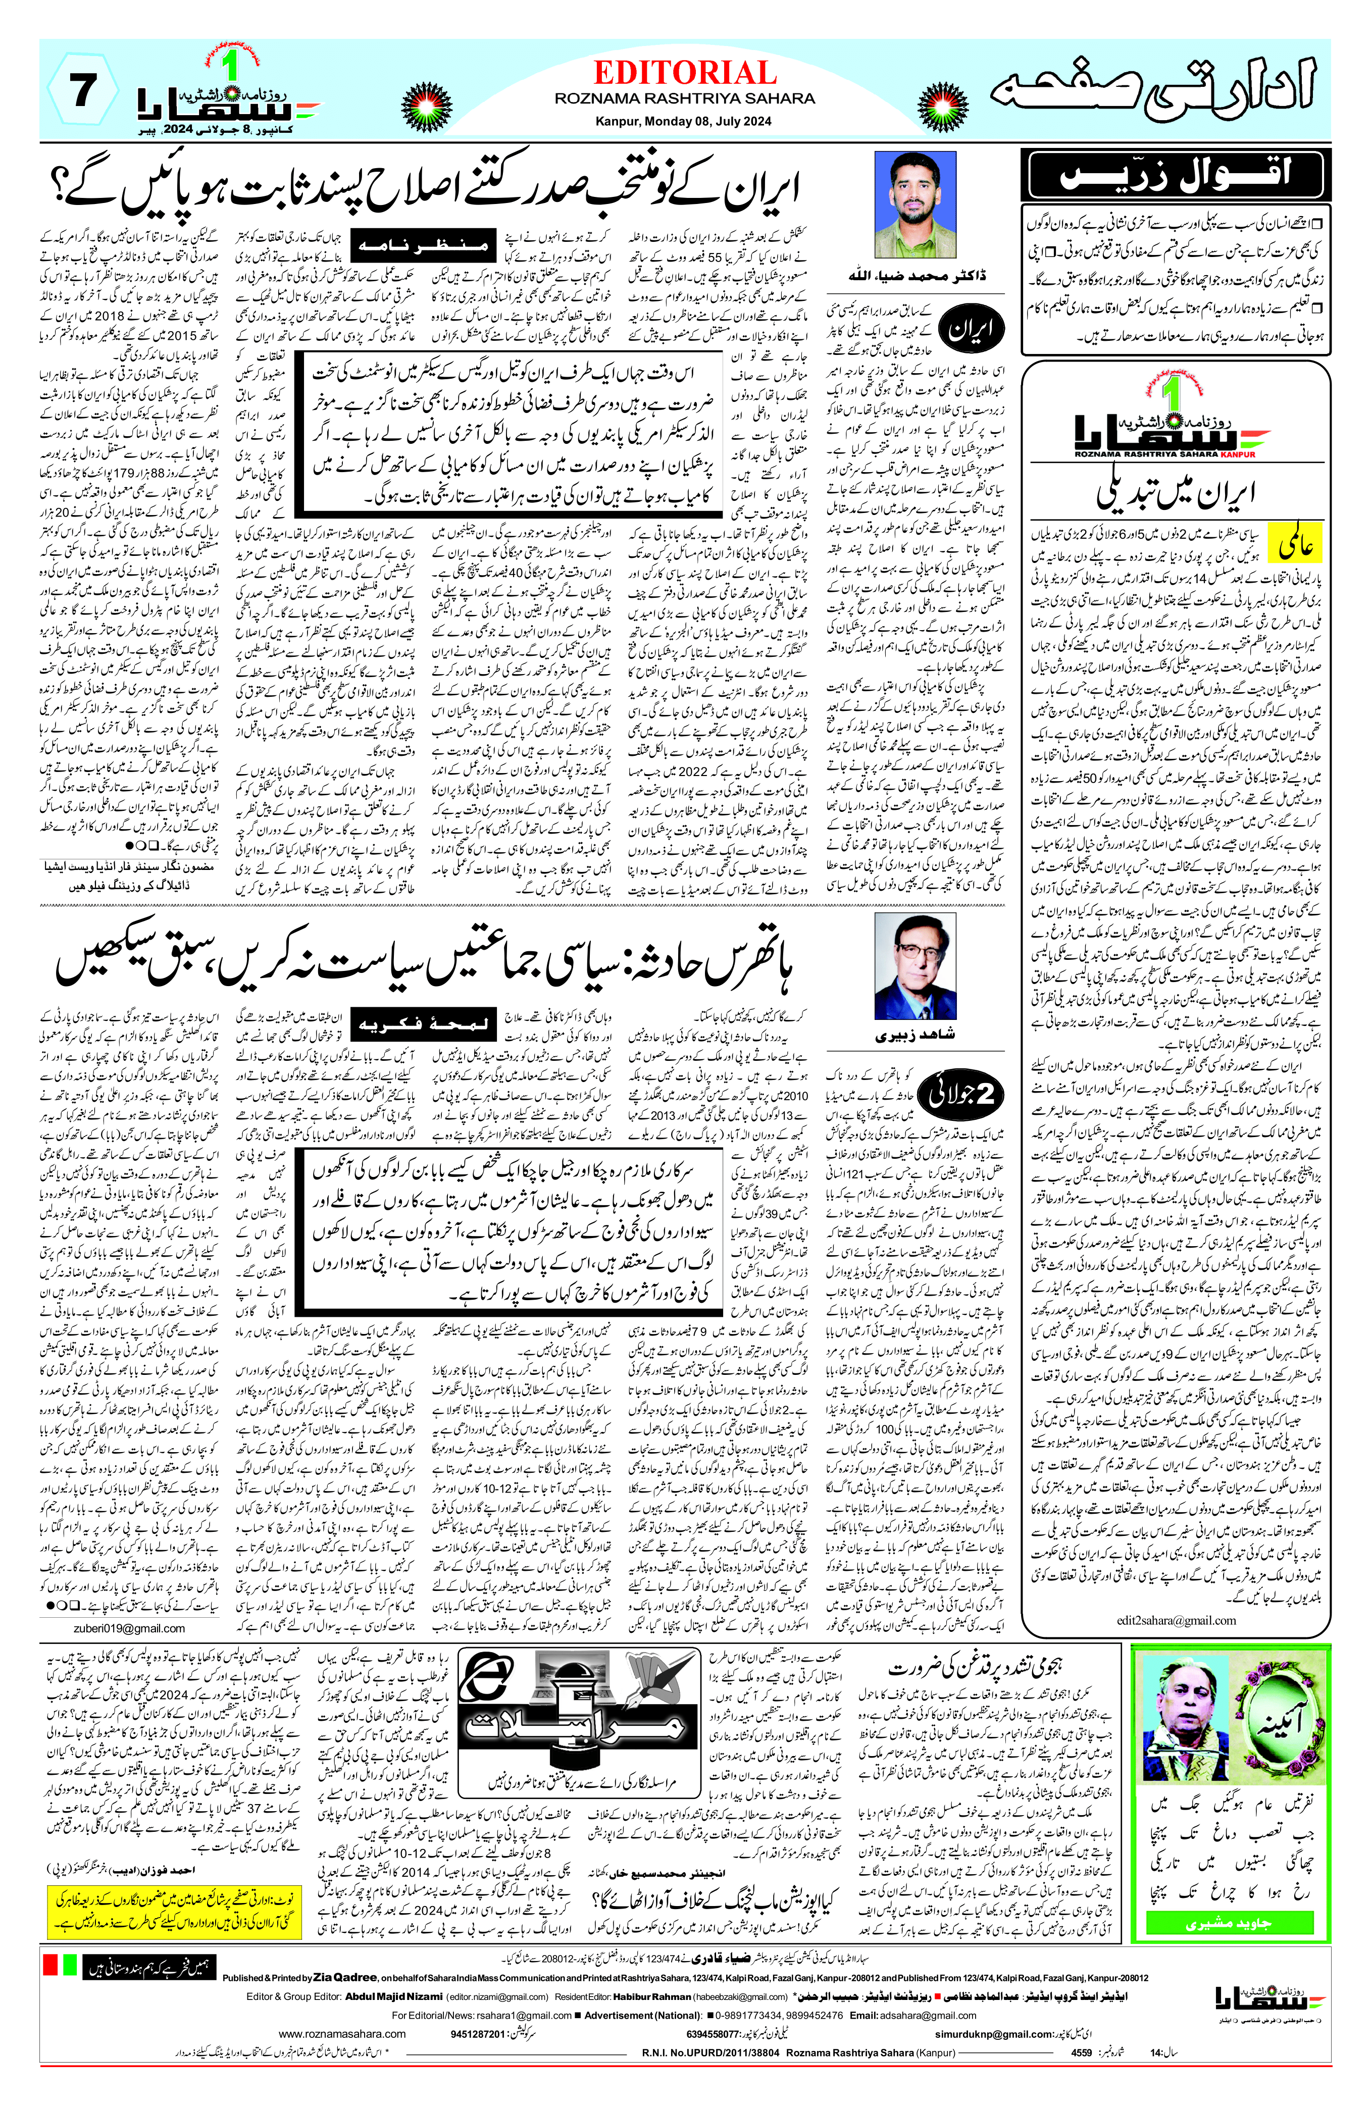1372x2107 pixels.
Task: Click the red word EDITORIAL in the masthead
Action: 684,73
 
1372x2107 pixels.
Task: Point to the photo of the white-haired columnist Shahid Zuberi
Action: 914,967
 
